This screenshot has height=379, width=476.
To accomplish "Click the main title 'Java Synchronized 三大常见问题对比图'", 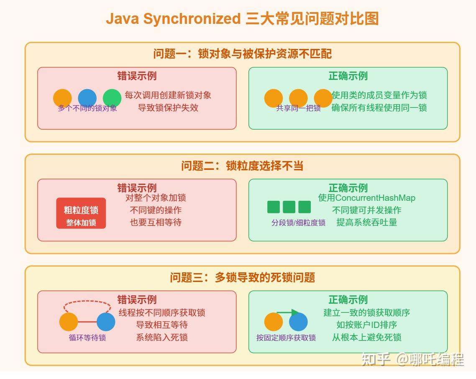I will [x=242, y=19].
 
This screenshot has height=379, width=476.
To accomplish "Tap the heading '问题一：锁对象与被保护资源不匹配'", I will [x=242, y=54].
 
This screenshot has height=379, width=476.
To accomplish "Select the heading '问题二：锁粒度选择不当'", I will [x=242, y=166].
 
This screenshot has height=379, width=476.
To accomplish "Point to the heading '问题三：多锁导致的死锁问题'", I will [x=242, y=277].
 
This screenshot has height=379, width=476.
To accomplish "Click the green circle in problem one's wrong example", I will [x=112, y=98].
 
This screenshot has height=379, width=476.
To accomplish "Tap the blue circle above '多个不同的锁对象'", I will [x=87, y=98].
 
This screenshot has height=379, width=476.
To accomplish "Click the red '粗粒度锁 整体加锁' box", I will [x=81, y=213].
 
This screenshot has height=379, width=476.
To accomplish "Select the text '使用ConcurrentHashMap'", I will [x=366, y=198].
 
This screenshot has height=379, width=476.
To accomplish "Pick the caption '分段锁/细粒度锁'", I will [x=298, y=223].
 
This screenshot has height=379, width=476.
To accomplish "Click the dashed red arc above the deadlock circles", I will [x=87, y=302].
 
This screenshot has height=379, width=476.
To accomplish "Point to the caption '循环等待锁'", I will [x=87, y=338].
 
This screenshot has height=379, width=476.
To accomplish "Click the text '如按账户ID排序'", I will [x=366, y=325].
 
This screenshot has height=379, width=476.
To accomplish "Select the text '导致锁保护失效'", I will [x=168, y=108].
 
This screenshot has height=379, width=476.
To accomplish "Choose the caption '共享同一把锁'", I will [x=298, y=108].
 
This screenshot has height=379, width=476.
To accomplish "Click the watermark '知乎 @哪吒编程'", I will [x=412, y=359].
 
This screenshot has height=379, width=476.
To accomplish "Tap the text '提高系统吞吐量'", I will [x=366, y=222].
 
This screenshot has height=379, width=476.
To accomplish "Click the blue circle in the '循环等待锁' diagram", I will [x=106, y=322].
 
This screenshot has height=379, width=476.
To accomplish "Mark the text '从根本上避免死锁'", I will [x=366, y=337].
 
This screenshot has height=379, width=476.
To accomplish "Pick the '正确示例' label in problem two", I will [x=348, y=188].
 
